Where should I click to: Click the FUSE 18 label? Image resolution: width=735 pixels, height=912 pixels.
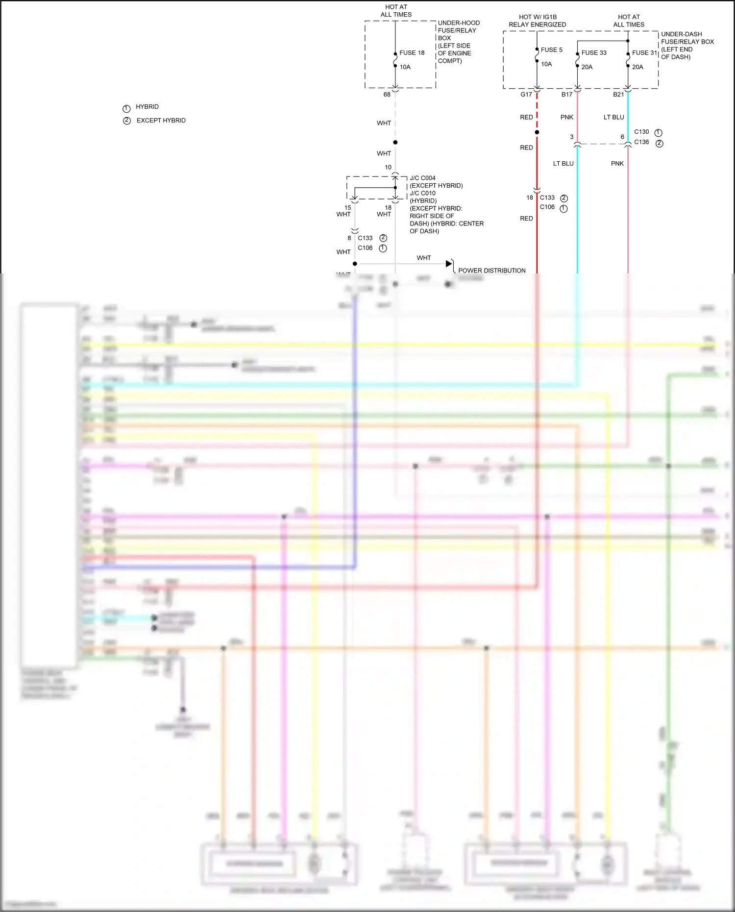click(412, 53)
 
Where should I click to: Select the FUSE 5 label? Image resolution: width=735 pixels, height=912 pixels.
click(551, 50)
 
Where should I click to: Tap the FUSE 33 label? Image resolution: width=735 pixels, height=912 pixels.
click(593, 53)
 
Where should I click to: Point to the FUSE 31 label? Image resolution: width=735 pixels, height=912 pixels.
click(644, 53)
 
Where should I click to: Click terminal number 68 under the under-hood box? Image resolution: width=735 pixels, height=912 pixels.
click(387, 95)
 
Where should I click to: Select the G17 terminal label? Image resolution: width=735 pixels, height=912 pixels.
click(526, 95)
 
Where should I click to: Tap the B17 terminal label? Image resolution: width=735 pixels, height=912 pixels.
click(566, 95)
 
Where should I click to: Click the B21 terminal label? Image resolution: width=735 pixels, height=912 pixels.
click(618, 95)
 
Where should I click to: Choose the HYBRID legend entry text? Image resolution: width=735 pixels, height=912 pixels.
click(147, 107)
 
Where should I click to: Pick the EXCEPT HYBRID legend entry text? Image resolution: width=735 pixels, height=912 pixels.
click(161, 121)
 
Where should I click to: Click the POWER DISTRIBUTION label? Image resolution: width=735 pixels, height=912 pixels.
click(491, 271)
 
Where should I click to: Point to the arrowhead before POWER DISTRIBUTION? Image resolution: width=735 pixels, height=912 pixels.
click(449, 264)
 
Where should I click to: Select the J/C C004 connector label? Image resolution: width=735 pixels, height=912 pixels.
click(422, 178)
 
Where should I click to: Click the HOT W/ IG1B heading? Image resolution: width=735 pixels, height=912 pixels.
click(538, 17)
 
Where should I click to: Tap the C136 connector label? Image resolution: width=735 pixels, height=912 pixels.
click(641, 142)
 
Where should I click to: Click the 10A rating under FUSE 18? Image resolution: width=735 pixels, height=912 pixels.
click(405, 67)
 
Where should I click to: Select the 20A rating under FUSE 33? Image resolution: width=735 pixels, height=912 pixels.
click(587, 67)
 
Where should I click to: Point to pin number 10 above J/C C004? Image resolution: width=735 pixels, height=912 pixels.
click(388, 168)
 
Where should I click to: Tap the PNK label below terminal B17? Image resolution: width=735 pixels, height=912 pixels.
click(566, 118)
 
